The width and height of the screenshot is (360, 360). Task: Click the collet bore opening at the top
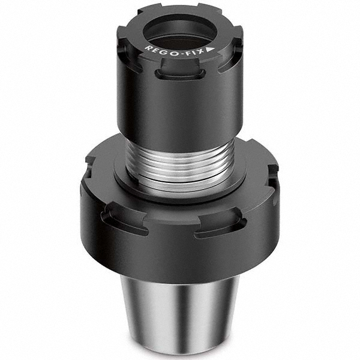coord(179,27)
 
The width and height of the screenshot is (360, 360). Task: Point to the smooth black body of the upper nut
coord(180,114)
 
